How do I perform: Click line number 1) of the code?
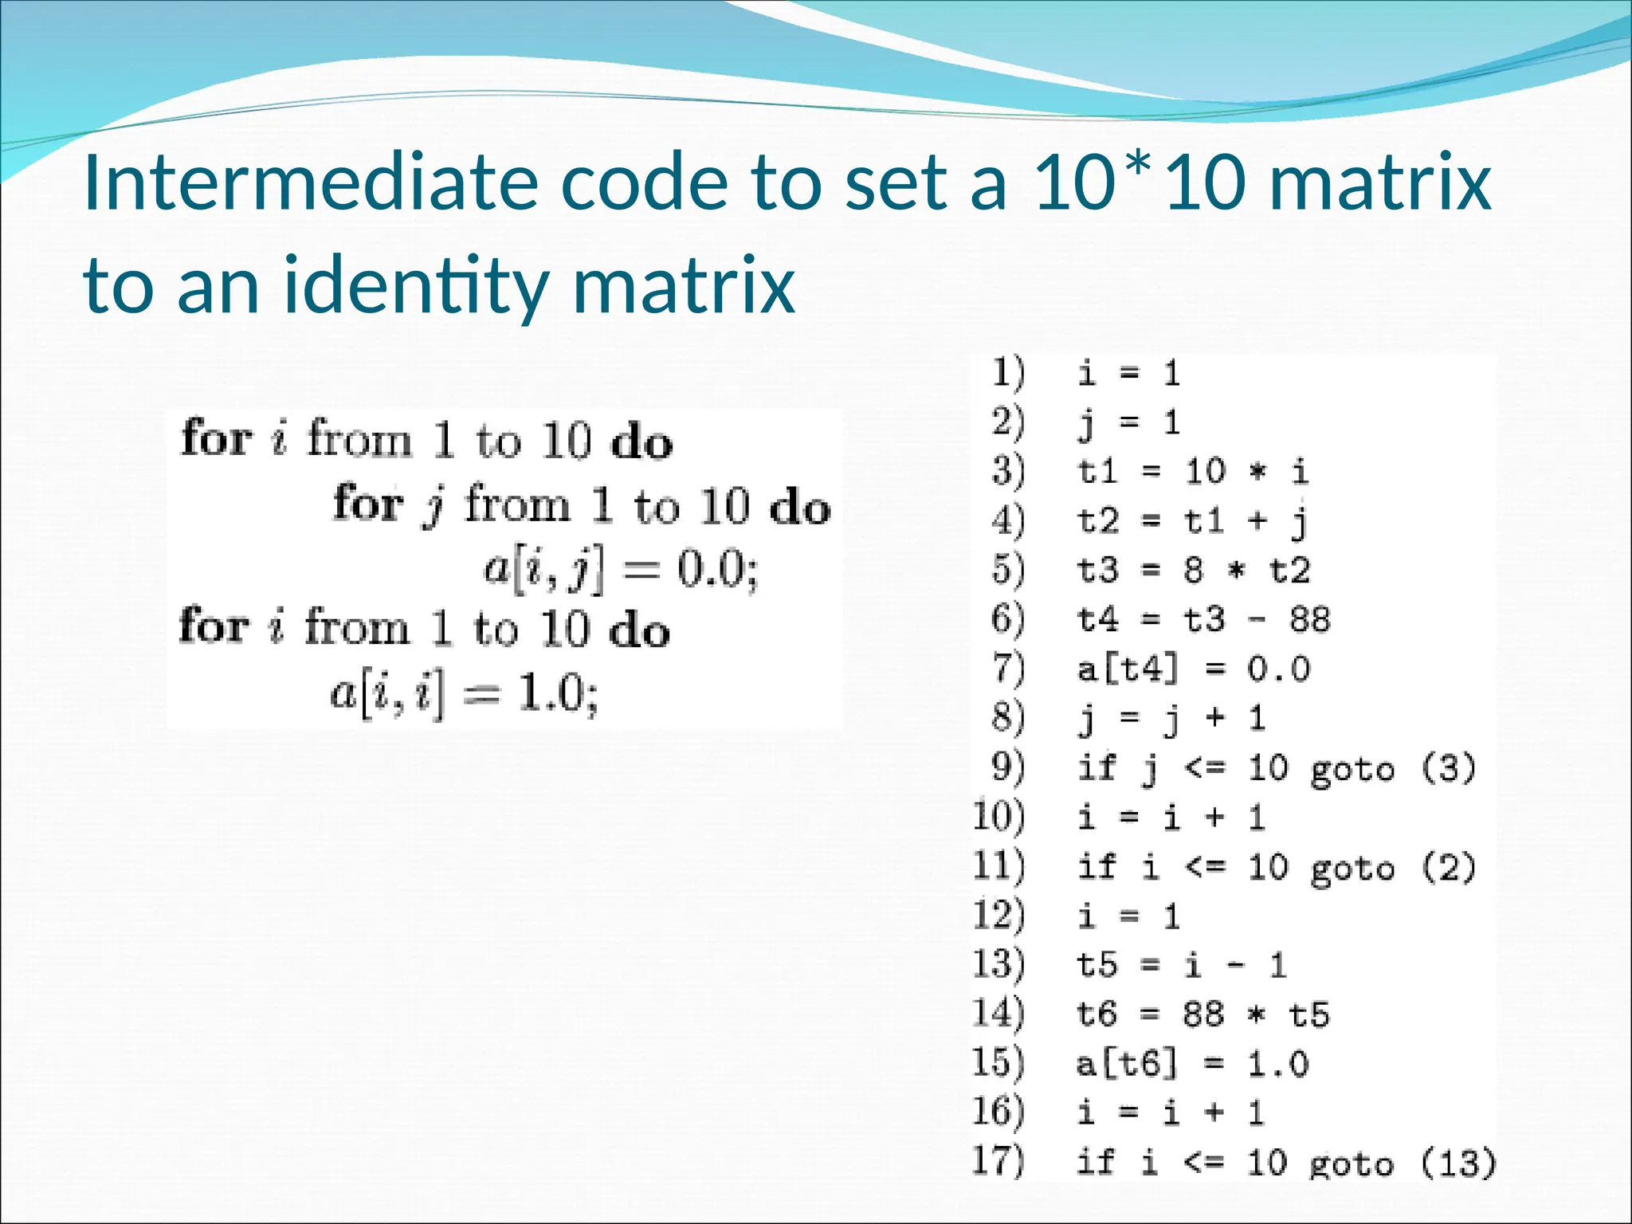pyautogui.click(x=1008, y=373)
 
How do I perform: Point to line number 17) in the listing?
pyautogui.click(x=998, y=1161)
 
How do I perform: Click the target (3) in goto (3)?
pyautogui.click(x=1449, y=768)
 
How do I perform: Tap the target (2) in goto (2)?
pyautogui.click(x=1449, y=867)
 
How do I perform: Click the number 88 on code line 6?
pyautogui.click(x=1309, y=619)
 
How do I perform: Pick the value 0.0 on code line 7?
pyautogui.click(x=1278, y=669)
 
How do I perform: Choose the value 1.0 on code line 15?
pyautogui.click(x=1277, y=1064)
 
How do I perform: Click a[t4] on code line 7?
pyautogui.click(x=1127, y=669)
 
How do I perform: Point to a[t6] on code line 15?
pyautogui.click(x=1126, y=1064)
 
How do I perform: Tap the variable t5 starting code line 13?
pyautogui.click(x=1097, y=965)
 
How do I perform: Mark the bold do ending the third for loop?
pyautogui.click(x=639, y=630)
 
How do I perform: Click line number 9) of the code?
pyautogui.click(x=1008, y=767)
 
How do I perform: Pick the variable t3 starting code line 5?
pyautogui.click(x=1097, y=571)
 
